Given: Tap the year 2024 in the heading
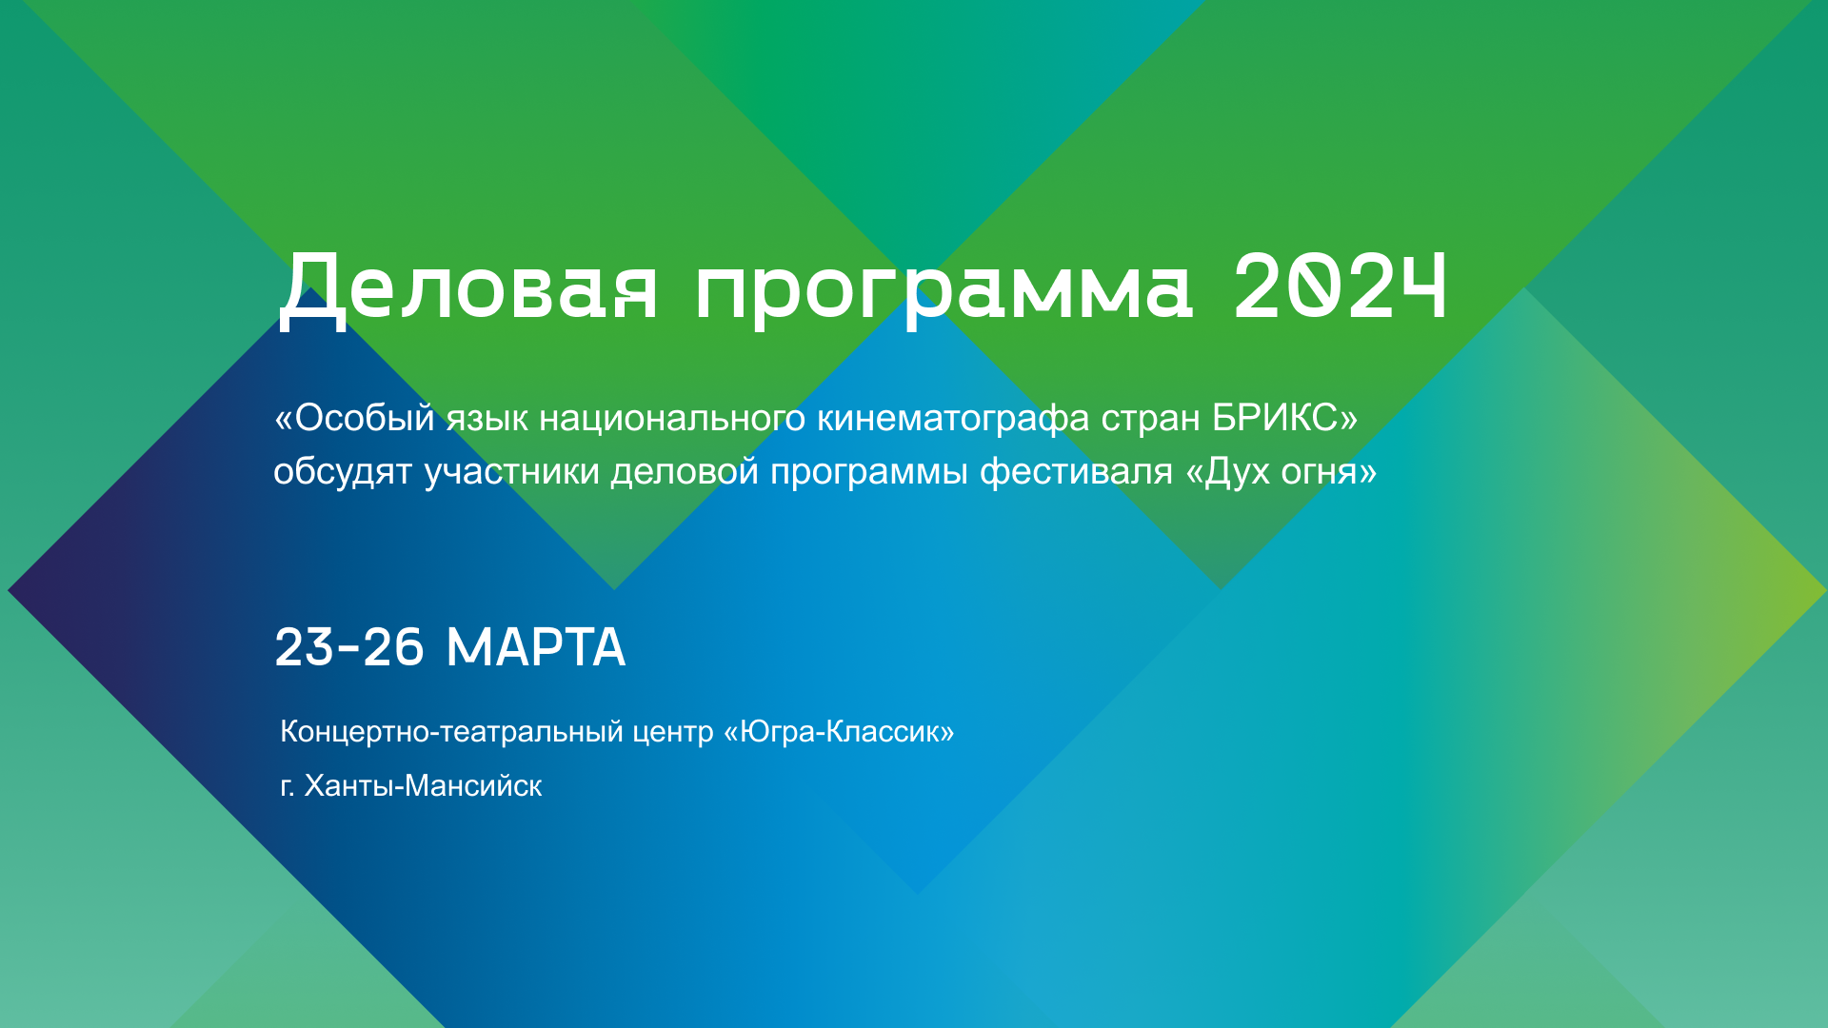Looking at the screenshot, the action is [1341, 286].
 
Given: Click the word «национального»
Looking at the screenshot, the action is [672, 419].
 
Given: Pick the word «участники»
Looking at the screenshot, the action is [511, 472].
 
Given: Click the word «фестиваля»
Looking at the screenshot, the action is [1077, 472].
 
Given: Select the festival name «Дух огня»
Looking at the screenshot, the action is [1282, 472].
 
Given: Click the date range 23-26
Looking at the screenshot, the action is [349, 647].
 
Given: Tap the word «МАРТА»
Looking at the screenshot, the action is [536, 647].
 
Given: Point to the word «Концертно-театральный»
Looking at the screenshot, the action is [452, 731].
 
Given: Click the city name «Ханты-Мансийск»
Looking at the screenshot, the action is [423, 785].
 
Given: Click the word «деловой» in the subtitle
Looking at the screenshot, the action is [685, 472].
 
